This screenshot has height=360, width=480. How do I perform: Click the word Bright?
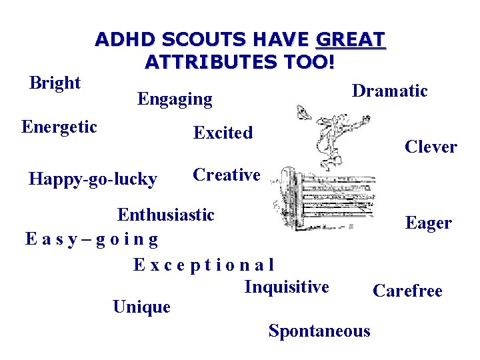(x=55, y=83)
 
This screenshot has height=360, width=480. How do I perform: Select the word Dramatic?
(x=389, y=91)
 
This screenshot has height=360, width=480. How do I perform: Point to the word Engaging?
(x=175, y=100)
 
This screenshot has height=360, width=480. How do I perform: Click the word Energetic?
(x=59, y=127)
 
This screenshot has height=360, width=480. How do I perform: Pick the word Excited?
(x=223, y=133)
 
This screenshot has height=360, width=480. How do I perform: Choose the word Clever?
(x=431, y=147)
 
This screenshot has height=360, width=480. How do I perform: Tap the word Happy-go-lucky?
(x=93, y=179)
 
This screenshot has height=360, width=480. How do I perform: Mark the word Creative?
(x=226, y=175)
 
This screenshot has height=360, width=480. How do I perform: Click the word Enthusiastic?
(x=166, y=215)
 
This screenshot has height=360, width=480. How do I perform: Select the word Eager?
(x=428, y=223)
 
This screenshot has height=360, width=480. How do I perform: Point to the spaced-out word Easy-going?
(x=91, y=238)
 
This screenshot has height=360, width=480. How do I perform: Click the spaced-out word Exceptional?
(x=203, y=265)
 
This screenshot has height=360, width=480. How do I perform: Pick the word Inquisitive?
(x=287, y=287)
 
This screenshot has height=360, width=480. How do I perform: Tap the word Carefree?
(x=407, y=291)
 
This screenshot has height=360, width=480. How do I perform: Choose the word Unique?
(x=141, y=307)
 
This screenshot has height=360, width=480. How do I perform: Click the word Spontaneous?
(x=319, y=331)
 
